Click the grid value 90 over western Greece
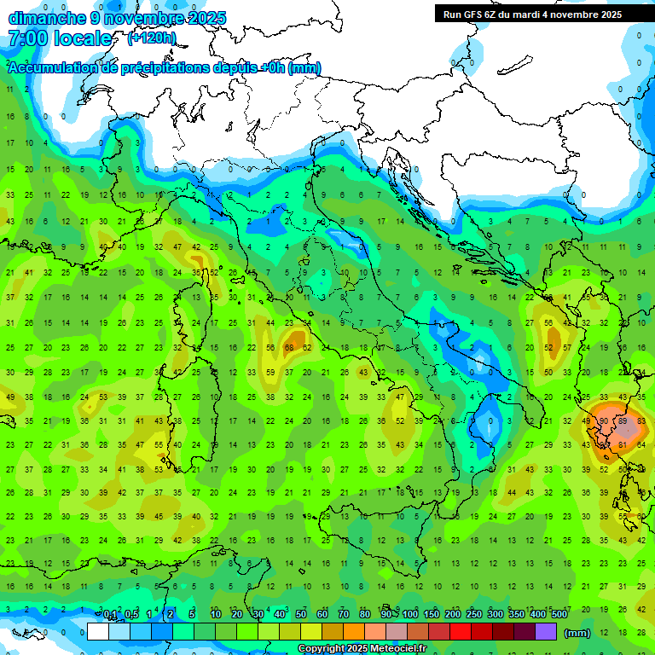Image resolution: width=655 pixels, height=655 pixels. tap(604, 420)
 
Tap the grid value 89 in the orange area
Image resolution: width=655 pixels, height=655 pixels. tap(623, 420)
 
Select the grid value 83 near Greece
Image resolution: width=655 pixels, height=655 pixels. tap(641, 420)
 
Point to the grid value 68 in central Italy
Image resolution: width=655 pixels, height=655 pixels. tap(289, 348)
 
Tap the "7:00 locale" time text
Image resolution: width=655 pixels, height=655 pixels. tap(59, 38)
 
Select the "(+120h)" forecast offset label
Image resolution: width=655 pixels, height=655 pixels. tap(152, 38)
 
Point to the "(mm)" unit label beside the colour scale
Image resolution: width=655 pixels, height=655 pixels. tap(577, 633)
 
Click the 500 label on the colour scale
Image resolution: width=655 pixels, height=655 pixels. tap(559, 615)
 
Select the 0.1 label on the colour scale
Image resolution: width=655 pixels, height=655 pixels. tap(110, 615)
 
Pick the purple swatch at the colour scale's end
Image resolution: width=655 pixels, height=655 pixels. tap(546, 632)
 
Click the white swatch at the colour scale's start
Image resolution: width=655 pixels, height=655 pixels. tap(98, 632)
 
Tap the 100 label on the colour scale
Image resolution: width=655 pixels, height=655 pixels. tap(410, 615)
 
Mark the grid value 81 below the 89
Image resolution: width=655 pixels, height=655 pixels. tap(623, 444)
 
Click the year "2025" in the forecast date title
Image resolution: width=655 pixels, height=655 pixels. tap(208, 18)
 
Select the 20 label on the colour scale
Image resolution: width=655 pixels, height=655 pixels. tap(237, 615)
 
